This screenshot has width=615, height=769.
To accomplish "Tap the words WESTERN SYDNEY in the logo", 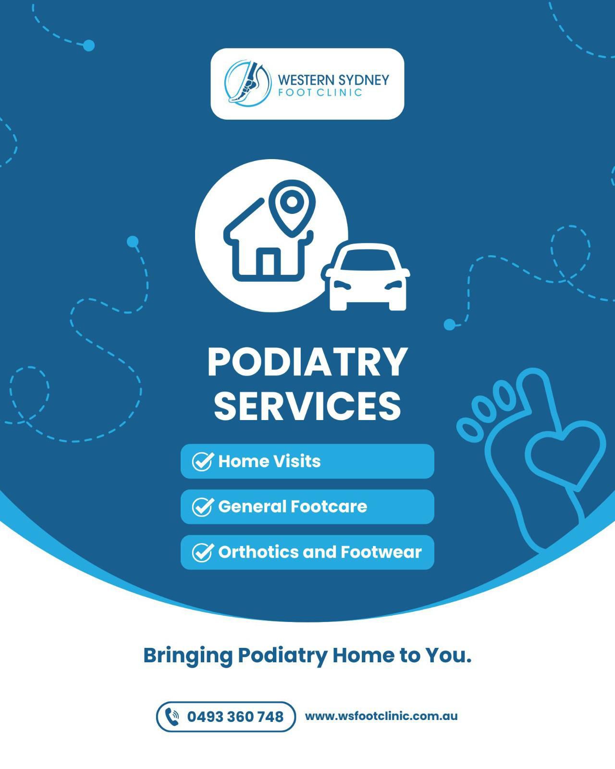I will (x=333, y=79).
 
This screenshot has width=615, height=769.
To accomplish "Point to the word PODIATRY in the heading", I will (x=307, y=362).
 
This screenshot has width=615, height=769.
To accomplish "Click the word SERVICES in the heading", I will (x=307, y=406).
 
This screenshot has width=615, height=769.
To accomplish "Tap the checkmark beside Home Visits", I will (x=202, y=461).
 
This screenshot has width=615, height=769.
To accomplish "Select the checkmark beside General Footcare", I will (x=202, y=507).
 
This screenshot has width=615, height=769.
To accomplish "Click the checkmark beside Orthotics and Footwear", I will (x=202, y=552).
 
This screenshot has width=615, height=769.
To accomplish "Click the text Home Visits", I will (x=269, y=461).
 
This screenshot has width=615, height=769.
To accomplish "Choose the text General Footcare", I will (x=292, y=507).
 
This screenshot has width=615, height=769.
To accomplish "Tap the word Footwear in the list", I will (x=381, y=552).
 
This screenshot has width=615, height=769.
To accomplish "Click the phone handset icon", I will (x=172, y=717).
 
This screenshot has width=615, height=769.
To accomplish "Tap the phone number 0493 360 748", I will (x=235, y=717).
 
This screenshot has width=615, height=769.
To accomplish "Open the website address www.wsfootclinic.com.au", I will (x=381, y=716).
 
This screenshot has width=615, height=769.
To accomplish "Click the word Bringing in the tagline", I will (x=187, y=656).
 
